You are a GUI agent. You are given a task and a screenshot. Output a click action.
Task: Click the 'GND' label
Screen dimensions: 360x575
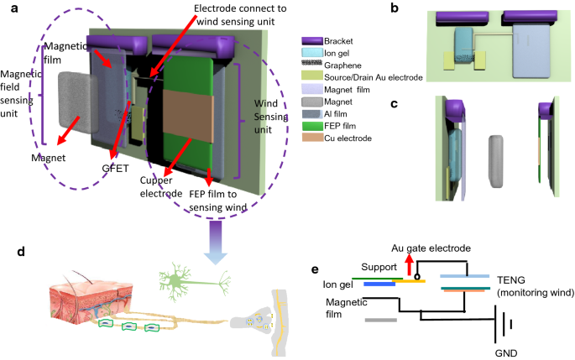tap(507, 353)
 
